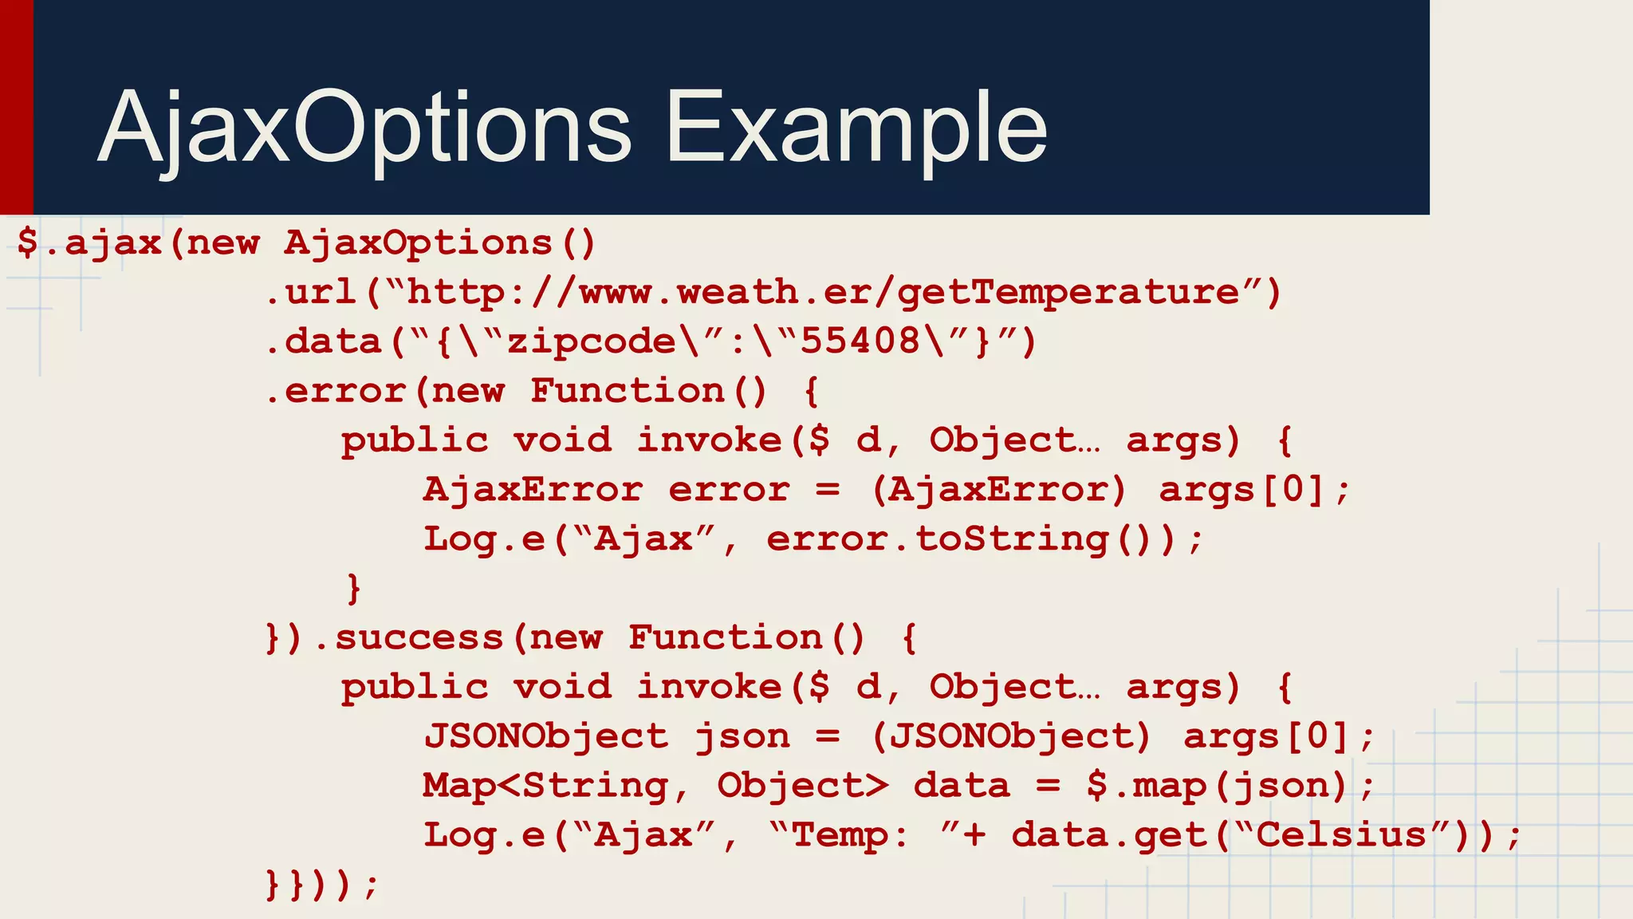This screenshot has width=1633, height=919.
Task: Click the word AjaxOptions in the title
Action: pos(365,128)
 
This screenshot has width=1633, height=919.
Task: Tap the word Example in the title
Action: pos(856,128)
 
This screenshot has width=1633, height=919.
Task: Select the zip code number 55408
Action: pos(860,341)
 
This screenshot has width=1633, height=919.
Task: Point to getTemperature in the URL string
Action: pos(1068,292)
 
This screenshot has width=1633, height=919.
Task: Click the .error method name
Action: pos(335,391)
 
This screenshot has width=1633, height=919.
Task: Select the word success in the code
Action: pos(419,637)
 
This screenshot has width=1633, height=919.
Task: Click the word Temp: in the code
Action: pos(850,835)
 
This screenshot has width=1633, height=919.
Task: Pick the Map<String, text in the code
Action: pos(555,786)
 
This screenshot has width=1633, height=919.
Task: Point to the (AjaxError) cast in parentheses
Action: pos(998,490)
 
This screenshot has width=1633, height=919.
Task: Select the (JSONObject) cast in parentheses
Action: pos(1011,736)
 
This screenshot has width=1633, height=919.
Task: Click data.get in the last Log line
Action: pos(1108,835)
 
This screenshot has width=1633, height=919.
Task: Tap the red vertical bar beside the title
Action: pos(16,107)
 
